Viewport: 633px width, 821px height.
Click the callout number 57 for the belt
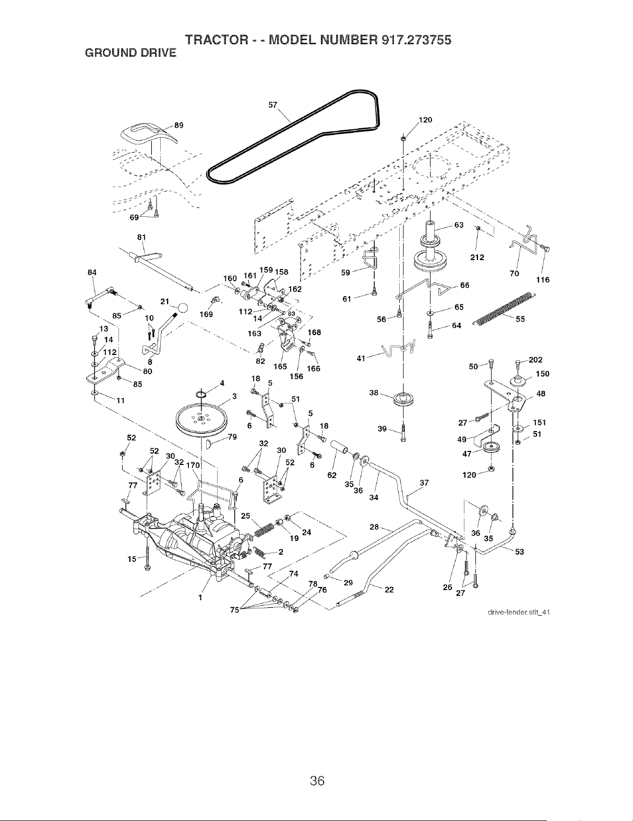pos(272,105)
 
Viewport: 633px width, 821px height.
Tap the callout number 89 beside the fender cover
pos(179,125)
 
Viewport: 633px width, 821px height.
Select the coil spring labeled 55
pos(504,308)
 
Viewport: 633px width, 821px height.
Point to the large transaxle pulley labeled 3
pos(201,419)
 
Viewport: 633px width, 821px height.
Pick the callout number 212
pos(477,258)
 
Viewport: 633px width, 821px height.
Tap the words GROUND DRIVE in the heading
pos(131,53)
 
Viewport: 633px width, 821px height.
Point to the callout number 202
pos(535,360)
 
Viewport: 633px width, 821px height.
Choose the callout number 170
pos(193,465)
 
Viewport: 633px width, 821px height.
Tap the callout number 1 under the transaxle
pos(200,597)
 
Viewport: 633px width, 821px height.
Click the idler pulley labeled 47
pos(492,447)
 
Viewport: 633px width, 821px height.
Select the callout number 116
pos(543,280)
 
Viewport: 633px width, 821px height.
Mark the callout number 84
pos(92,273)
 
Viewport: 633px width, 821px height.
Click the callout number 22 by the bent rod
pos(389,590)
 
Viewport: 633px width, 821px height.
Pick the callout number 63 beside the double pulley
pos(459,225)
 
